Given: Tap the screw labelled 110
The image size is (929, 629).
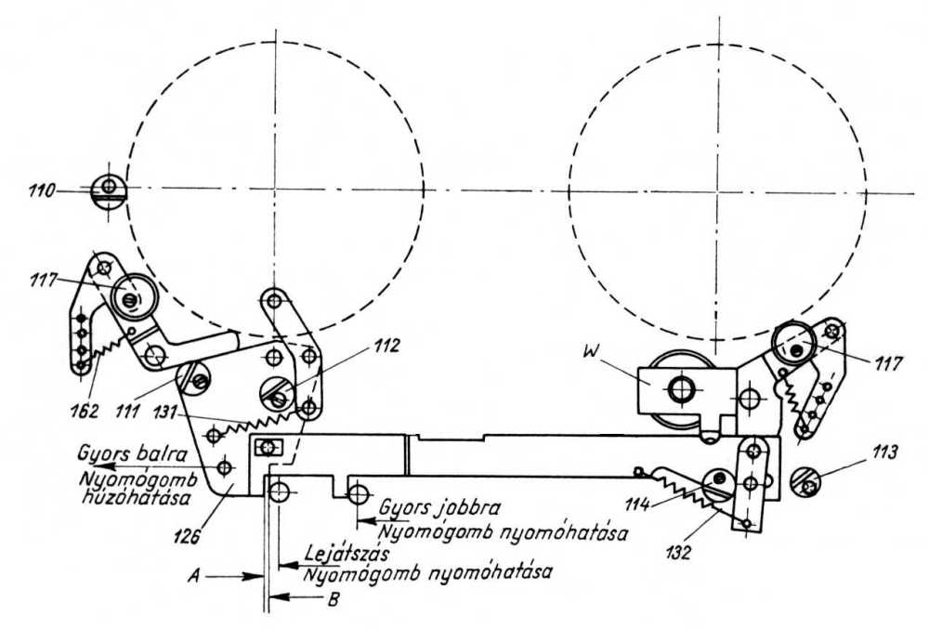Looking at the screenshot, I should click(109, 190).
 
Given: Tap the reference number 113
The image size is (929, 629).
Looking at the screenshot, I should click(885, 455).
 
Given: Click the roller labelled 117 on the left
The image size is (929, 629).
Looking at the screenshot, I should click(130, 298).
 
